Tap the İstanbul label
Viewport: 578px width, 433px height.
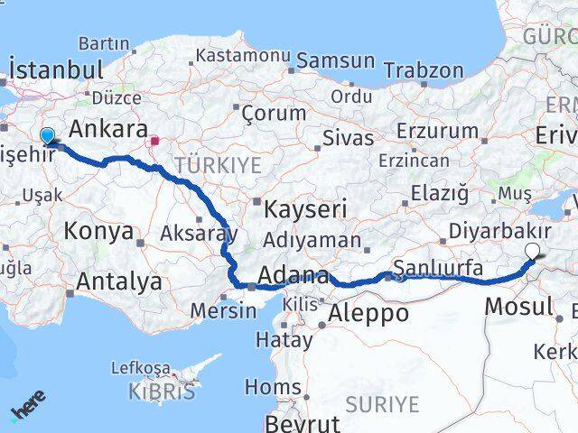tap(55, 70)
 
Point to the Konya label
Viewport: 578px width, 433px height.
tap(98, 231)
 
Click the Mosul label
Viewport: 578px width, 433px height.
tap(517, 306)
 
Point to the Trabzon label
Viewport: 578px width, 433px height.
tap(424, 69)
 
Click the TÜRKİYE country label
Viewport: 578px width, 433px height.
tap(218, 165)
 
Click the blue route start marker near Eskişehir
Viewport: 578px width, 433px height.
tap(48, 136)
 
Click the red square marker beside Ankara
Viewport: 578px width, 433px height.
tap(155, 141)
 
